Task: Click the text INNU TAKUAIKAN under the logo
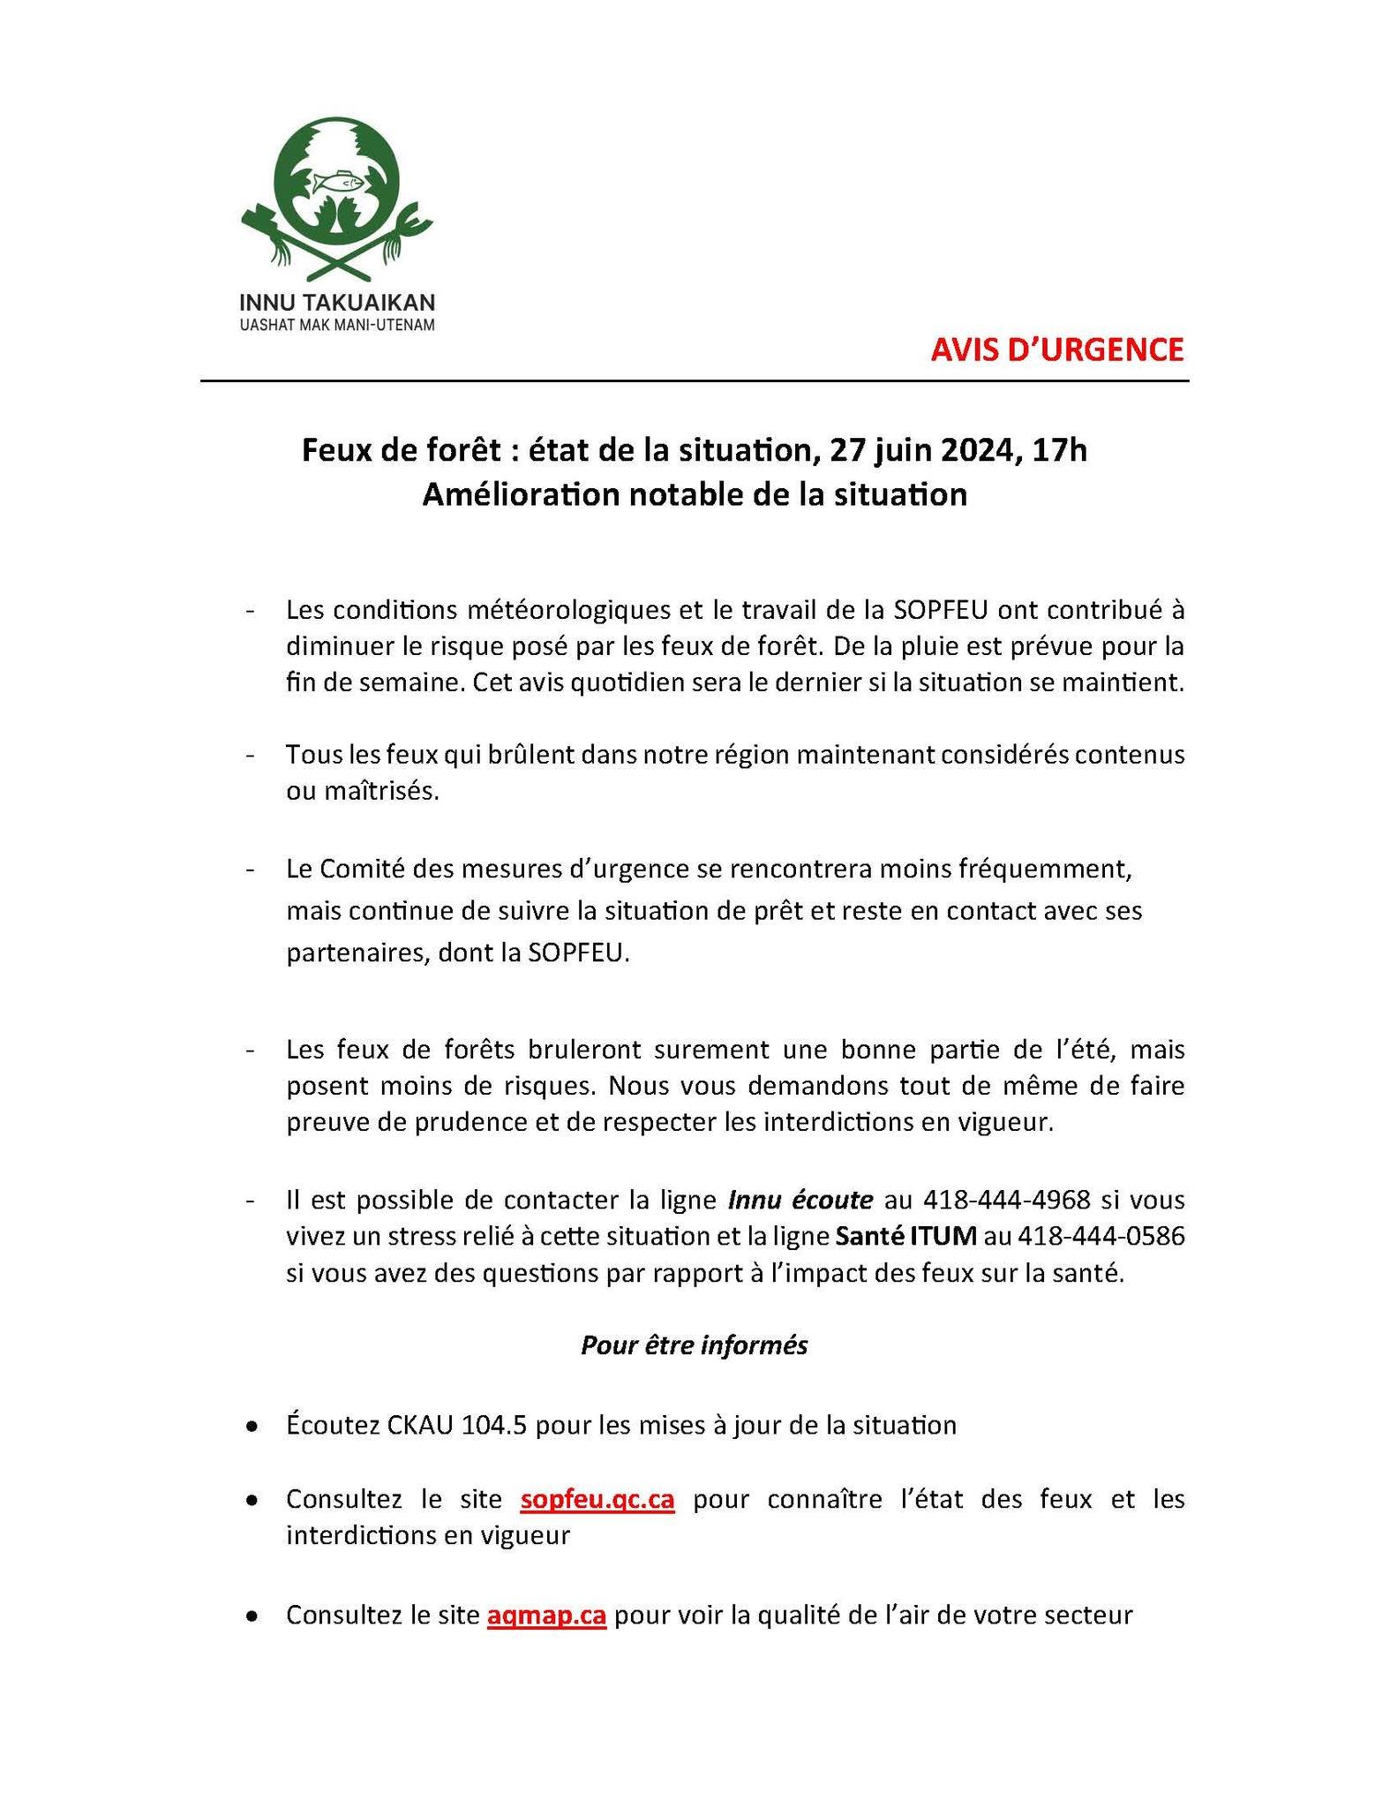(x=337, y=302)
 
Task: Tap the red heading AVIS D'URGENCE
(x=1056, y=350)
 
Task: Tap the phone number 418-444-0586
(x=1101, y=1236)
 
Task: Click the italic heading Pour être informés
(x=694, y=1345)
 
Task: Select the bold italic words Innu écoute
(x=800, y=1200)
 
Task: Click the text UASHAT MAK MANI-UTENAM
(x=337, y=325)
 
